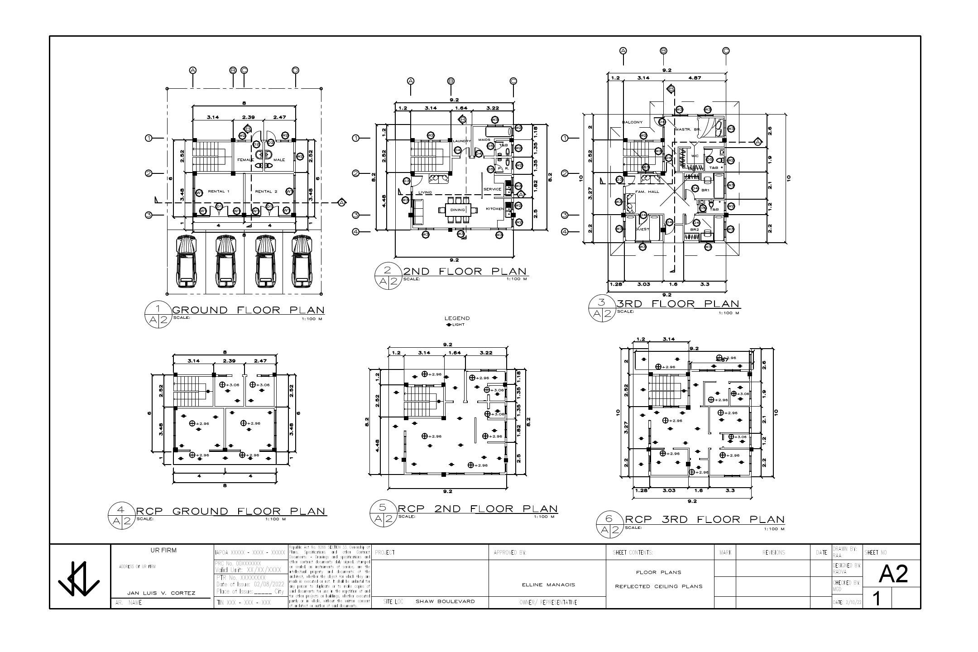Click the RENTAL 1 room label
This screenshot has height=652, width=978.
point(219,192)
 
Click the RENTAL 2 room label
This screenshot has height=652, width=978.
point(266,192)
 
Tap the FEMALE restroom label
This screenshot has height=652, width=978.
point(245,160)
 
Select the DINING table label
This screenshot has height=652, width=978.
point(458,210)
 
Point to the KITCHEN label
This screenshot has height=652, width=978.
point(494,209)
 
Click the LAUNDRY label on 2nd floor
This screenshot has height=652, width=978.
point(462,141)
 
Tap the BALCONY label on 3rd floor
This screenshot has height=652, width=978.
point(632,122)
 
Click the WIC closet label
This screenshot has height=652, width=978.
point(695,156)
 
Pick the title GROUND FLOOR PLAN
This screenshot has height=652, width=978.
point(249,310)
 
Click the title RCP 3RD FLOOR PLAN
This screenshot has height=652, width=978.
point(705,520)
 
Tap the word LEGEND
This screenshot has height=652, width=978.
point(457,318)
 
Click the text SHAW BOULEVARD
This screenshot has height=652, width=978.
point(445,601)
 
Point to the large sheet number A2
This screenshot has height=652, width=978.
point(893,574)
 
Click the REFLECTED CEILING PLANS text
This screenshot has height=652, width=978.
point(658,586)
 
